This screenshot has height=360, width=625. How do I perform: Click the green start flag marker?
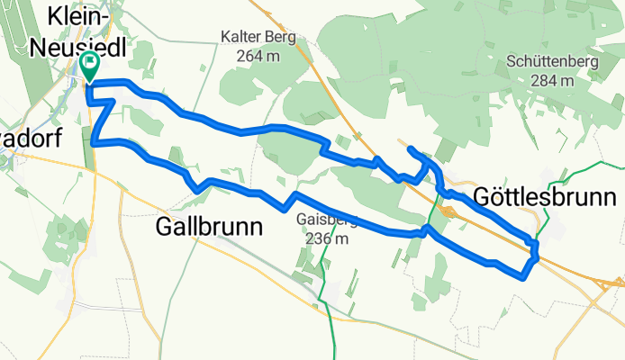[x=90, y=65]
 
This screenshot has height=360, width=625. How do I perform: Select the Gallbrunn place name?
[x=210, y=227]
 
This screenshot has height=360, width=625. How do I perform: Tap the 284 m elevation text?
[x=552, y=80]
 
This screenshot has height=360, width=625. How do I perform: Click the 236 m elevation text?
[x=326, y=239]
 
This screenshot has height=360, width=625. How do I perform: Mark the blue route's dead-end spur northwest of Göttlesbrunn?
[x=410, y=148]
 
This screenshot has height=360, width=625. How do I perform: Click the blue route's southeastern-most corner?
[x=523, y=277]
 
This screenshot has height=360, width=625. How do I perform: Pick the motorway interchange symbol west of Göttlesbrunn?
[x=448, y=211]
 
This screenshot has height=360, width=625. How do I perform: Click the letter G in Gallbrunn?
[x=165, y=227]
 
